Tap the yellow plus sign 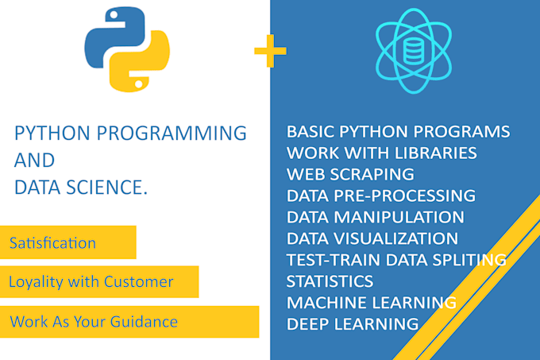click(x=270, y=52)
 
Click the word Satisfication click(x=52, y=242)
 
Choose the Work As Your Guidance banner click(x=94, y=321)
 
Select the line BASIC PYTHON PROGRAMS click(x=398, y=131)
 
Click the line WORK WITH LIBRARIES click(x=381, y=153)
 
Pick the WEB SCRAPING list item click(x=350, y=174)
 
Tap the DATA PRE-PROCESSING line click(x=380, y=195)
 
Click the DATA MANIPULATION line click(x=375, y=217)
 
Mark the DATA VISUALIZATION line click(x=372, y=238)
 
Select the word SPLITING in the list click(x=469, y=260)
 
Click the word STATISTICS click(x=330, y=281)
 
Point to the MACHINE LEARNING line click(x=371, y=303)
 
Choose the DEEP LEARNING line click(x=352, y=324)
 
